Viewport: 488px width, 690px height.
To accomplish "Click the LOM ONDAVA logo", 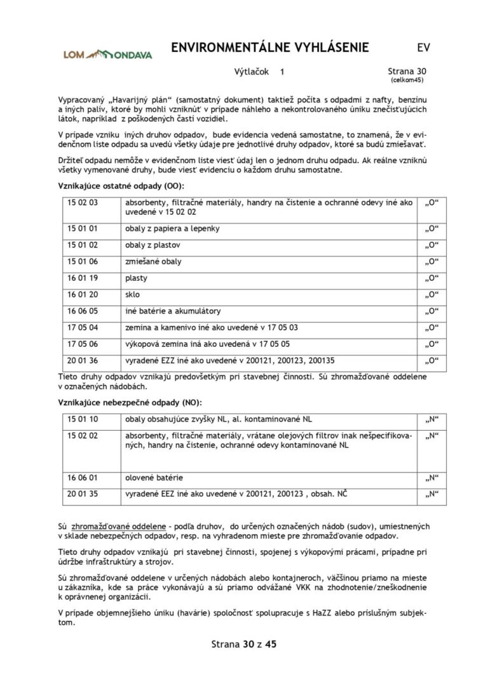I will coord(107,55).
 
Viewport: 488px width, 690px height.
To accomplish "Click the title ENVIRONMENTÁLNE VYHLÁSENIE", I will coord(270,48).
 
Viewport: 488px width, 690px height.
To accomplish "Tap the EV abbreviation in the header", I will coord(423,48).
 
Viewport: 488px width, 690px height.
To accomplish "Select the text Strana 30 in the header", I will coord(407,72).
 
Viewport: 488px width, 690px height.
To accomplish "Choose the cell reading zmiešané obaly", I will coord(153,261).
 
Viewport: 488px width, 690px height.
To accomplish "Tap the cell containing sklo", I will coord(133,294).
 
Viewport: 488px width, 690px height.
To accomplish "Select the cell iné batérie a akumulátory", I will coord(173,311).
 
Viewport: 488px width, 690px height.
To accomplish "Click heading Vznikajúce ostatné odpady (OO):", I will coord(120,186).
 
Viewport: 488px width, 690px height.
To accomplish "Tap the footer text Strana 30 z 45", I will coord(244,644).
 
